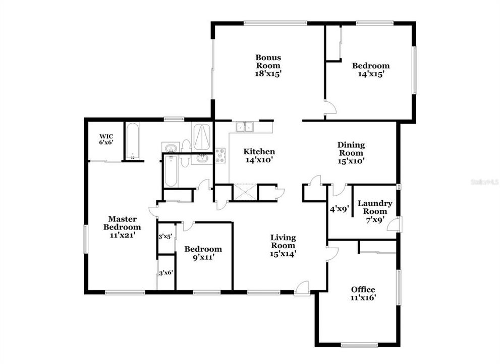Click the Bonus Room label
(268, 65)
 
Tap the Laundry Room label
(375, 207)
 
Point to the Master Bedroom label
(122, 223)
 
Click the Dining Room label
(351, 149)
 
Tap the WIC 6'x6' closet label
(106, 139)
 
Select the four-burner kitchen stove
(220, 155)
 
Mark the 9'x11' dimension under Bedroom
(203, 257)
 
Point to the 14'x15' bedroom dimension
(371, 74)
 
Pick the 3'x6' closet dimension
(166, 272)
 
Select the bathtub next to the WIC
(133, 141)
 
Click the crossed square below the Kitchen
(245, 193)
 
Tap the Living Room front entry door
(302, 288)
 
